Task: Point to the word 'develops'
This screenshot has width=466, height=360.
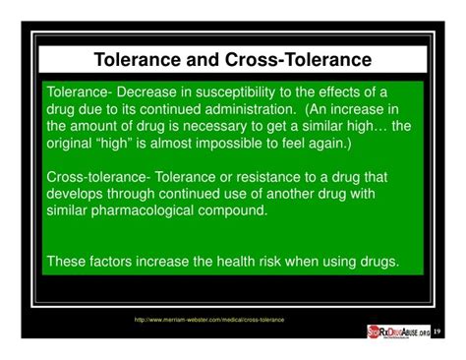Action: tap(78, 194)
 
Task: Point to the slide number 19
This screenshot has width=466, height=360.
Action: tap(437, 331)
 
